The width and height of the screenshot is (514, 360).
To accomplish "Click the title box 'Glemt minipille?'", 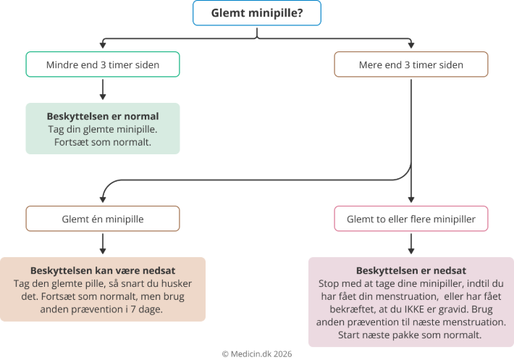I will [256, 13].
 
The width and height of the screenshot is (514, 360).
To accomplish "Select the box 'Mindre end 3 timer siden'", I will [102, 64].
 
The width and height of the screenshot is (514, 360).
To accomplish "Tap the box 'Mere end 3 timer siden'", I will [410, 64].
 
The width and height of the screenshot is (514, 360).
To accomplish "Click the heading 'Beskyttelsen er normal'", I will [102, 116].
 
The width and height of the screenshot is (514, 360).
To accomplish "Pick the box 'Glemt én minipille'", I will [102, 219].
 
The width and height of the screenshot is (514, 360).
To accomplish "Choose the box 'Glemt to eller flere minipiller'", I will [410, 219].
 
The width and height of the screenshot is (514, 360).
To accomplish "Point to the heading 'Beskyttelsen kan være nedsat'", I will [102, 269].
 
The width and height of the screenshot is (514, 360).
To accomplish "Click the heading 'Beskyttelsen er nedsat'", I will [410, 269].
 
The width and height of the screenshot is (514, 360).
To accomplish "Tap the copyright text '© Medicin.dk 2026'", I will [256, 353].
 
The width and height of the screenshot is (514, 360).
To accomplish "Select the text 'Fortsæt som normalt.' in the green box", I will [102, 142].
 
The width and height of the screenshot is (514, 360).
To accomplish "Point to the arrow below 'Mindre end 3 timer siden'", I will [102, 88].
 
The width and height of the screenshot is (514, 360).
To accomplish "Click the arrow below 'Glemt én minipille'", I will [102, 243].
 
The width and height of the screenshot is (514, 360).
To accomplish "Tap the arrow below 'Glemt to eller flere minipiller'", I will [410, 243].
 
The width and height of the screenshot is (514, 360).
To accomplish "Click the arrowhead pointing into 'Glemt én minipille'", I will [102, 201].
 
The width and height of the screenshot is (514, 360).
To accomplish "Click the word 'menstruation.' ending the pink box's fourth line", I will [476, 322].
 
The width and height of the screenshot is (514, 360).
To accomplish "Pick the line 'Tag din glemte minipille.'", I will [102, 129].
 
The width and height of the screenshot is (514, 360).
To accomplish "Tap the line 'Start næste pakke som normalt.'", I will [410, 335].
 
